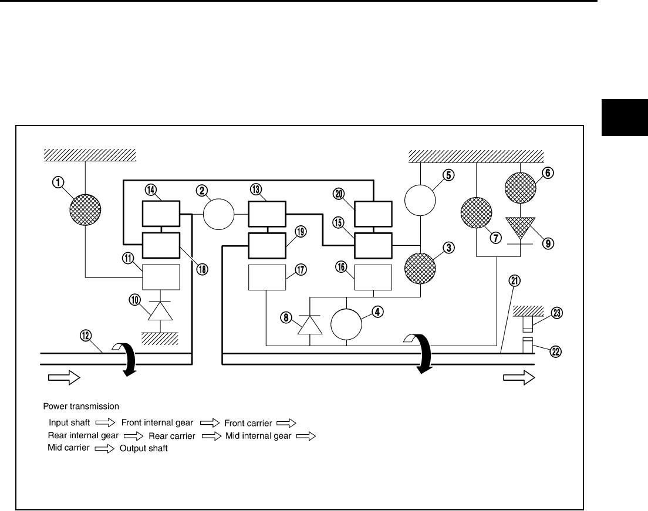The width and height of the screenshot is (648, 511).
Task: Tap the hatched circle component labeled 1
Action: [85, 209]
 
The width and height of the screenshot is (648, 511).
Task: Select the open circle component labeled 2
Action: [218, 215]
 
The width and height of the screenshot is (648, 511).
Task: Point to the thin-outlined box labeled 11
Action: [160, 278]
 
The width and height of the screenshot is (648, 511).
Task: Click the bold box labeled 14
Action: [160, 213]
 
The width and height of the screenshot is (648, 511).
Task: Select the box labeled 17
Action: [267, 278]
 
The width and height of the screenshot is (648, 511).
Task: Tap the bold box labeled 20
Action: [373, 213]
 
